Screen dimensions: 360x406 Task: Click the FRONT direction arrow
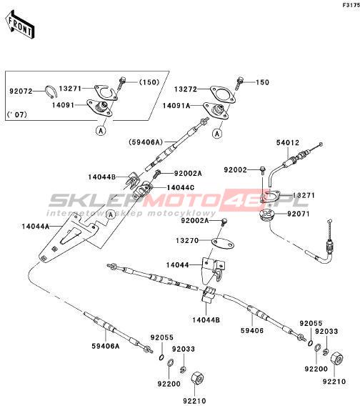20,24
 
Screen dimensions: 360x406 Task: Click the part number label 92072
21,91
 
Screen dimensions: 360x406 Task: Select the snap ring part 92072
50,92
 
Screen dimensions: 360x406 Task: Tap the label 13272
186,89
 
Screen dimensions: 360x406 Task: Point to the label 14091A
176,106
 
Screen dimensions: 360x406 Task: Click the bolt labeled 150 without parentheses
239,82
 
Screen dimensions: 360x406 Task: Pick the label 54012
288,143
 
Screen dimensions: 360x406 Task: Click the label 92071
298,214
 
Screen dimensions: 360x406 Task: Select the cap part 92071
266,215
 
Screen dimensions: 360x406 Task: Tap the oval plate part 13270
223,244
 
